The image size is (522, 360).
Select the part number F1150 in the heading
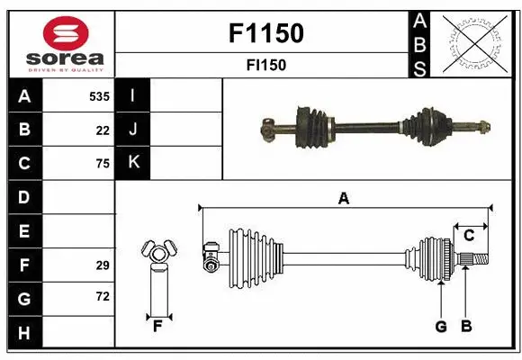[x=267, y=34]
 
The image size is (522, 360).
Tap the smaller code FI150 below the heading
[x=267, y=65]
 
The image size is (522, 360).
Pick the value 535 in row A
[x=99, y=95]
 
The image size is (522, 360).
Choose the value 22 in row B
[x=103, y=130]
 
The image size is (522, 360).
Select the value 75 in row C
[x=103, y=164]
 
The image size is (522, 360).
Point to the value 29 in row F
[x=103, y=265]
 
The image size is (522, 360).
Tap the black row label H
[x=24, y=333]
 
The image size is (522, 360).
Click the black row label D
[x=24, y=197]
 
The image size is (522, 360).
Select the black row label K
[x=133, y=163]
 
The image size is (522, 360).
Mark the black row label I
[x=133, y=95]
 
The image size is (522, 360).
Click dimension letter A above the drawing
[x=343, y=199]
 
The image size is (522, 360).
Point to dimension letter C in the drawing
[x=469, y=235]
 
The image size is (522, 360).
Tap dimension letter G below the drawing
[x=441, y=327]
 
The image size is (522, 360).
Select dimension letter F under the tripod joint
[x=157, y=327]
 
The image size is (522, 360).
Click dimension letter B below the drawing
[x=466, y=327]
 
